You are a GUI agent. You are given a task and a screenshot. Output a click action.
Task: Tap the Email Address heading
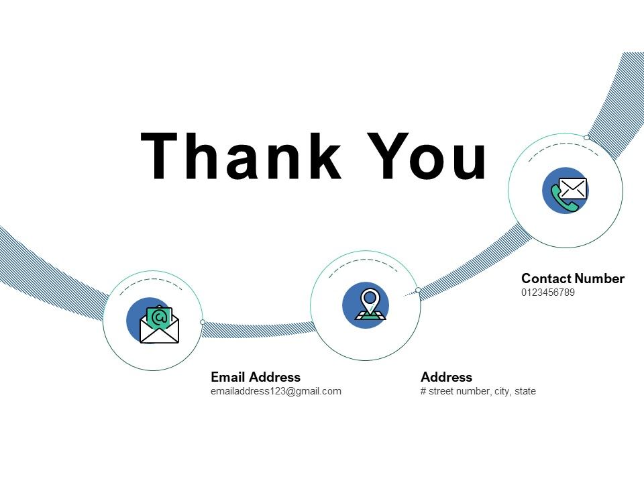click(x=256, y=377)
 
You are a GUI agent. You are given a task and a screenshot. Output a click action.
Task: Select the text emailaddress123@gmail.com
click(x=276, y=391)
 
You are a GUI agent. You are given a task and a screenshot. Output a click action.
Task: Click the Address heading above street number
click(x=446, y=377)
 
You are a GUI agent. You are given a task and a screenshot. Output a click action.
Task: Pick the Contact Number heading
click(x=573, y=278)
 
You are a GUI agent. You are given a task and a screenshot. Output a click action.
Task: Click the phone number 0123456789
click(x=548, y=292)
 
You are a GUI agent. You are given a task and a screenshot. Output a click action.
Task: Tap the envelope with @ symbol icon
click(x=159, y=324)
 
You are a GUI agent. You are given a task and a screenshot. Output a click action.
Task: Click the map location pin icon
click(x=370, y=303)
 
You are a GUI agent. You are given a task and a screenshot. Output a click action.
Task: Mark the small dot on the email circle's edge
click(x=203, y=322)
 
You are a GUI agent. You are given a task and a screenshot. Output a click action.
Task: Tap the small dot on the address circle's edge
click(x=418, y=290)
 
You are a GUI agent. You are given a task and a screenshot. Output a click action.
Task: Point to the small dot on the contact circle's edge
click(x=586, y=138)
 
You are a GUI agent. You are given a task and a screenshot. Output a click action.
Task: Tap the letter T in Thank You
click(x=163, y=157)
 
